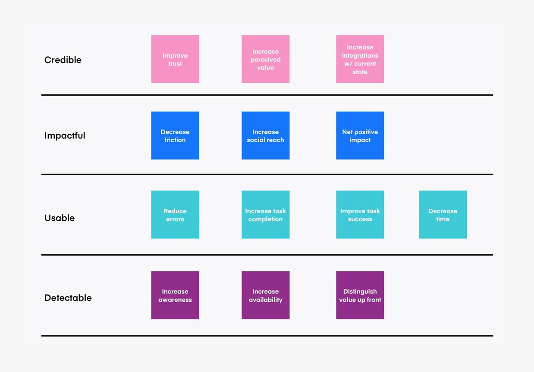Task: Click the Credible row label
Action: tap(63, 60)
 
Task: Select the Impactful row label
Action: tap(65, 135)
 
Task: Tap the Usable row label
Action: tap(60, 218)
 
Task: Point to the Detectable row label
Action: tap(68, 298)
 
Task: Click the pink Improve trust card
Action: tap(175, 59)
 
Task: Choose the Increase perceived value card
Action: tap(266, 59)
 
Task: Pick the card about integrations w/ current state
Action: tap(360, 59)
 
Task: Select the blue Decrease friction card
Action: tap(175, 135)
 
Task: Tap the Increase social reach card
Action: tap(266, 135)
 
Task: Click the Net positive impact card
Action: tap(360, 135)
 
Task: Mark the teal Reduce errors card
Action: tap(175, 215)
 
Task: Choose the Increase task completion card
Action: tap(266, 215)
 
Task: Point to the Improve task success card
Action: tap(360, 215)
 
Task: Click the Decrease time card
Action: tap(443, 215)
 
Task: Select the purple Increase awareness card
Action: tap(175, 295)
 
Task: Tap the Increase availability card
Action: tap(266, 295)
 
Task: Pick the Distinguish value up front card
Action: tap(360, 295)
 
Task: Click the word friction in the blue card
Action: tap(175, 140)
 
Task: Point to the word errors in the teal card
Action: tap(175, 219)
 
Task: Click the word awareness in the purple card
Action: tap(175, 300)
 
